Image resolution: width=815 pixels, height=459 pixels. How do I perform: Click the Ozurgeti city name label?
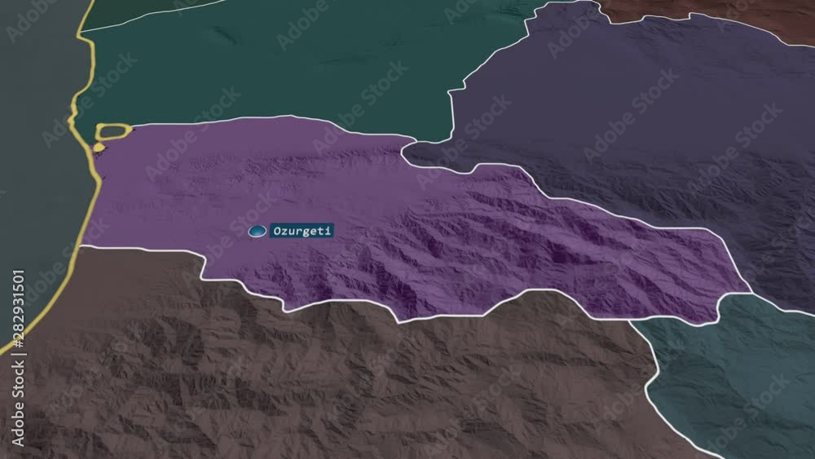pos(302,231)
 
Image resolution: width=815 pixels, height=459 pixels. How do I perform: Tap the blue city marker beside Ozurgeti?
pos(258,232)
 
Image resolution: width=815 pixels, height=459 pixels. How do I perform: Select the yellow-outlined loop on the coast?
pos(113,130)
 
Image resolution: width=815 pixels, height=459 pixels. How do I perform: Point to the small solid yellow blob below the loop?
pos(99,148)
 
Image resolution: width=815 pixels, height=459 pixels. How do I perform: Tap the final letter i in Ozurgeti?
pos(329,231)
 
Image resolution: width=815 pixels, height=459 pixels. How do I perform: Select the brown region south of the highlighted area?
pos(326,383)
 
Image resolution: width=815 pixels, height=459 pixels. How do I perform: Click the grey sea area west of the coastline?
pos(33,163)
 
